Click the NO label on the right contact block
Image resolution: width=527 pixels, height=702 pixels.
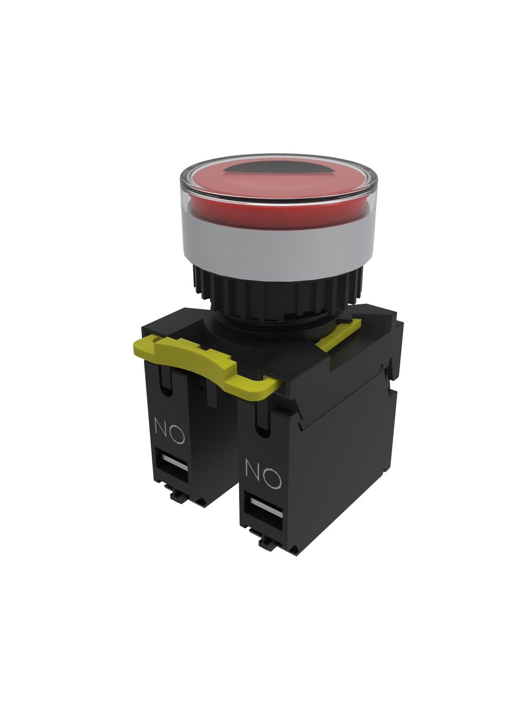(263, 475)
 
